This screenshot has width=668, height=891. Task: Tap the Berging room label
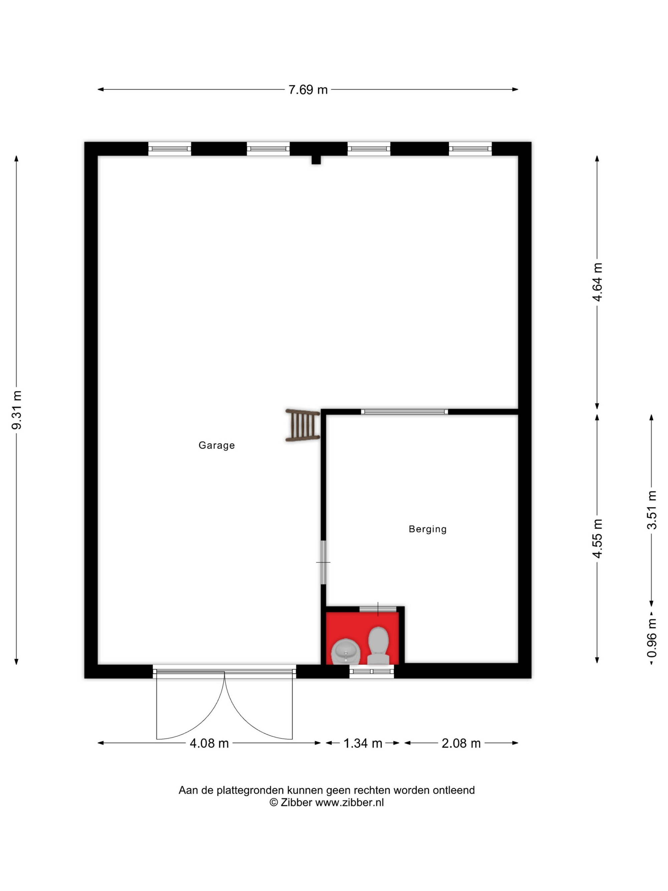pyautogui.click(x=427, y=529)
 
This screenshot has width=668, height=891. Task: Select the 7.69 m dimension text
pyautogui.click(x=308, y=90)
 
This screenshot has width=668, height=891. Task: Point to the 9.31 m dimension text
pyautogui.click(x=16, y=410)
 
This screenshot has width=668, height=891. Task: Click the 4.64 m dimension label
pyautogui.click(x=597, y=282)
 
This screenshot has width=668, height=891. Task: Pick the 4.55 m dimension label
pyautogui.click(x=597, y=539)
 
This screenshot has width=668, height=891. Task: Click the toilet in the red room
pyautogui.click(x=378, y=645)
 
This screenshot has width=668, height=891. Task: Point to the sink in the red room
pyautogui.click(x=345, y=651)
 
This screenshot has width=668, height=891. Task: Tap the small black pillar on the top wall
pyautogui.click(x=316, y=159)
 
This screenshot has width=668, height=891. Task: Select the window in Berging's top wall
pyautogui.click(x=404, y=412)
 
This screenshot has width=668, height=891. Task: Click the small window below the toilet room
pyautogui.click(x=372, y=672)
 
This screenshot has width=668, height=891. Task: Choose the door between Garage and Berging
pyautogui.click(x=323, y=562)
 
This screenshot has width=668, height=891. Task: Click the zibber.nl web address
pyautogui.click(x=349, y=802)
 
